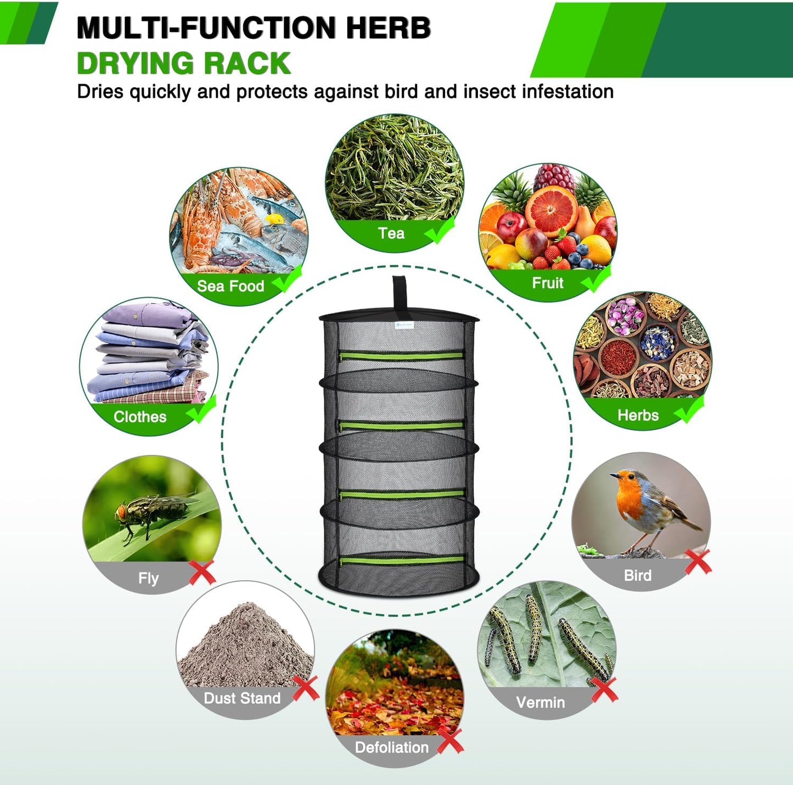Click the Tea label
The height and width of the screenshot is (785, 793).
tap(391, 233)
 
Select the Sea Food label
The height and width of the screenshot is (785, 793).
tap(230, 286)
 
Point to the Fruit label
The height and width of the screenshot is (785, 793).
tap(548, 283)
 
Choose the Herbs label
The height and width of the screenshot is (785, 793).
tap(638, 415)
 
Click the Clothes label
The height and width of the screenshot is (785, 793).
tap(140, 417)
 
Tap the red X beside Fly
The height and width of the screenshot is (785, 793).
tap(202, 573)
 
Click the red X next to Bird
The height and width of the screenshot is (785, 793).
tap(698, 562)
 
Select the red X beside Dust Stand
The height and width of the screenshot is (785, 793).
tap(306, 688)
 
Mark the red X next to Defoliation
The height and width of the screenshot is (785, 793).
tap(450, 741)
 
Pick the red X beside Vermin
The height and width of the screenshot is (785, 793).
tap(604, 689)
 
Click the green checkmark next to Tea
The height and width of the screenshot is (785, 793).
tap(440, 230)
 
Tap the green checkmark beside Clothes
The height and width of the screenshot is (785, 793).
tap(201, 410)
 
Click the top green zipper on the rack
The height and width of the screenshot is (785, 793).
tap(401, 356)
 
